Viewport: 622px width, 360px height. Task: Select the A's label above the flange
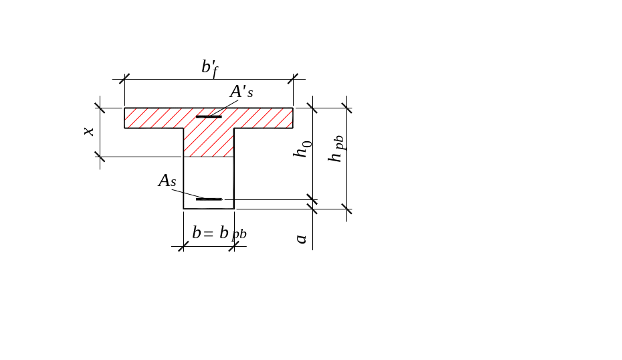click(x=241, y=92)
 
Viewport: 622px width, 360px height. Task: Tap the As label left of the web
click(x=167, y=180)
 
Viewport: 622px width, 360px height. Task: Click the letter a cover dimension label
click(x=302, y=238)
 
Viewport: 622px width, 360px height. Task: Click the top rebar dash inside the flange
click(x=209, y=117)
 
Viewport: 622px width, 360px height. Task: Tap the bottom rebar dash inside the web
click(x=209, y=199)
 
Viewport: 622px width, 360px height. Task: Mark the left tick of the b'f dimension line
click(x=124, y=79)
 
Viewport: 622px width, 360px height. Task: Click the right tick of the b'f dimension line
click(x=293, y=79)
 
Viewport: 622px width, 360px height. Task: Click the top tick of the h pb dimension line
click(x=346, y=106)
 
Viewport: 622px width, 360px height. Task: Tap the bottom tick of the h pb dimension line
click(x=346, y=209)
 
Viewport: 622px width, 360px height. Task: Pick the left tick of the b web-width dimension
click(x=183, y=246)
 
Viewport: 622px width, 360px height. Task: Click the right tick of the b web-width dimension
click(x=233, y=246)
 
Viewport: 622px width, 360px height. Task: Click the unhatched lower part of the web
click(x=209, y=177)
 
